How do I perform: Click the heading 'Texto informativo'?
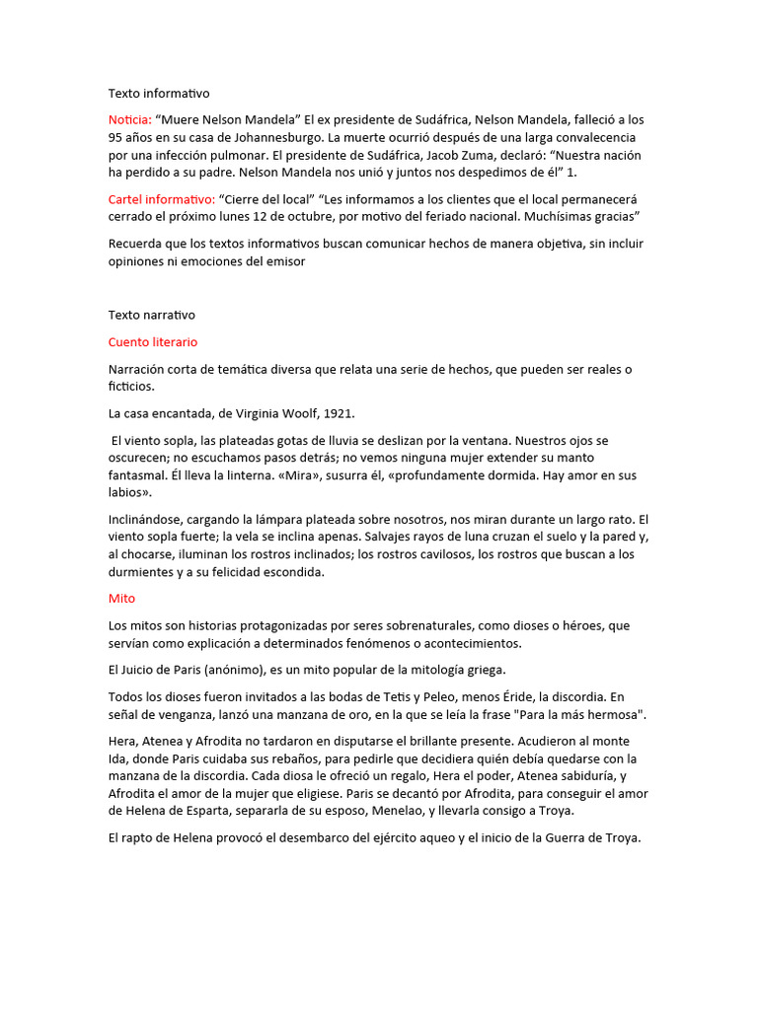[159, 94]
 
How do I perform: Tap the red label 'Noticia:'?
[129, 120]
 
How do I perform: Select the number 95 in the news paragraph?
[116, 138]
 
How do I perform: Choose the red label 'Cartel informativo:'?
[161, 199]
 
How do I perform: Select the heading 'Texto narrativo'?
[152, 316]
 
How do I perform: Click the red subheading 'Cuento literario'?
[153, 342]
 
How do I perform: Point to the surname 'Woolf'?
[288, 413]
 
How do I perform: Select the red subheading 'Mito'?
[121, 599]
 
